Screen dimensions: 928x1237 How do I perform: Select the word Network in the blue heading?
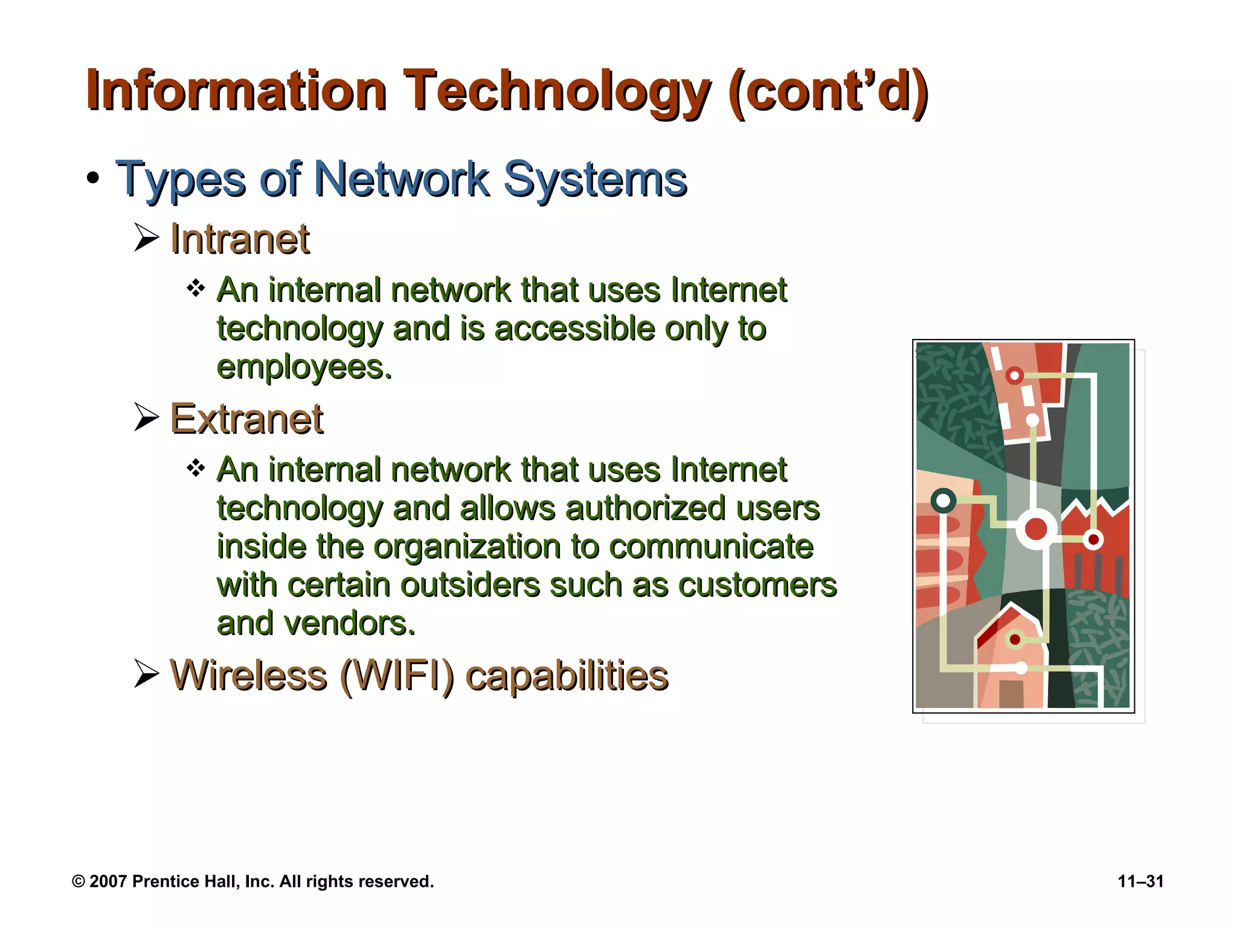point(402,179)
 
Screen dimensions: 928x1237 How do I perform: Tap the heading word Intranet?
point(240,239)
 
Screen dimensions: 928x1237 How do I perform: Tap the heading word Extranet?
point(246,419)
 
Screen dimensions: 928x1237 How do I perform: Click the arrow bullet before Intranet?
point(146,237)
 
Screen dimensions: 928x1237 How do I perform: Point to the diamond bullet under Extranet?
point(196,468)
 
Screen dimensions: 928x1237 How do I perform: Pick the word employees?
point(303,367)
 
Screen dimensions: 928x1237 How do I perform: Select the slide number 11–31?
point(1140,881)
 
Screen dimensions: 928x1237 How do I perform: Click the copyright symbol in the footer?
point(78,881)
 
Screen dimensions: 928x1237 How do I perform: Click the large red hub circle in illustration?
point(1036,529)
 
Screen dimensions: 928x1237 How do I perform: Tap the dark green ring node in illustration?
point(943,500)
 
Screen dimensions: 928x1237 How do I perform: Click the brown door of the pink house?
point(1011,694)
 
